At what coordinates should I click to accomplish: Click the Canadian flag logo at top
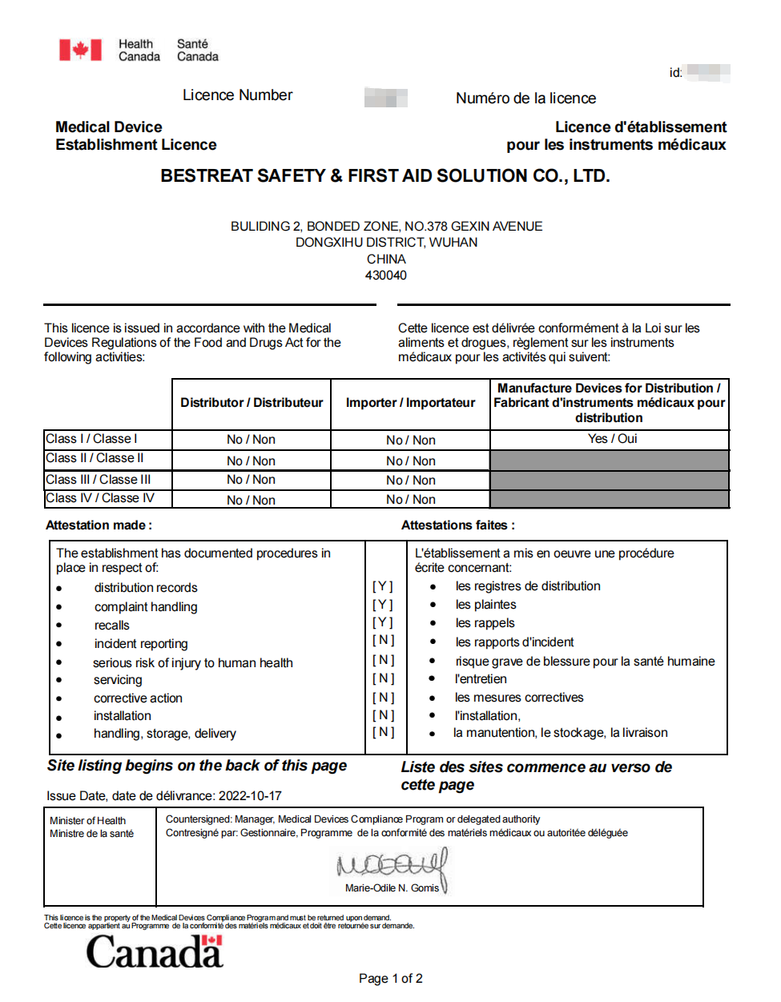(80, 50)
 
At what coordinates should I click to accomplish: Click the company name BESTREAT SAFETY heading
(384, 176)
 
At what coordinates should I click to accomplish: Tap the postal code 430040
(385, 276)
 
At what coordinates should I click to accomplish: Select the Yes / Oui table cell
(612, 439)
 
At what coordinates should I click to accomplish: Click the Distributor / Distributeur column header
(252, 403)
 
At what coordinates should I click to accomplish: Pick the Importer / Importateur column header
(410, 403)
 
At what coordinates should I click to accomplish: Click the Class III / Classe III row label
(98, 480)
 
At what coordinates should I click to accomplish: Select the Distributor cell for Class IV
(251, 501)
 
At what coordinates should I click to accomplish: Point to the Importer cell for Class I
(410, 441)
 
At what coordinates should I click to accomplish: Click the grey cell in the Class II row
(610, 461)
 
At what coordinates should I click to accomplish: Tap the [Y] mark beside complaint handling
(383, 605)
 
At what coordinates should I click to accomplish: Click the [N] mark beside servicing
(383, 678)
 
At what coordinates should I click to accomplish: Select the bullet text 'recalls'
(111, 626)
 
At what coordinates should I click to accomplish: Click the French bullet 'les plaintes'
(485, 605)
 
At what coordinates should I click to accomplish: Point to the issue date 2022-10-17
(250, 796)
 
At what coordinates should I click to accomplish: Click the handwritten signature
(393, 865)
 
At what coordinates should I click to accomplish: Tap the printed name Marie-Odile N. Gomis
(392, 888)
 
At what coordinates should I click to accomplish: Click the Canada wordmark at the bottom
(154, 952)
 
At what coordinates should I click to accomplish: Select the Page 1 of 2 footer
(390, 979)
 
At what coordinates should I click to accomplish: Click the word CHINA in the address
(386, 260)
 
